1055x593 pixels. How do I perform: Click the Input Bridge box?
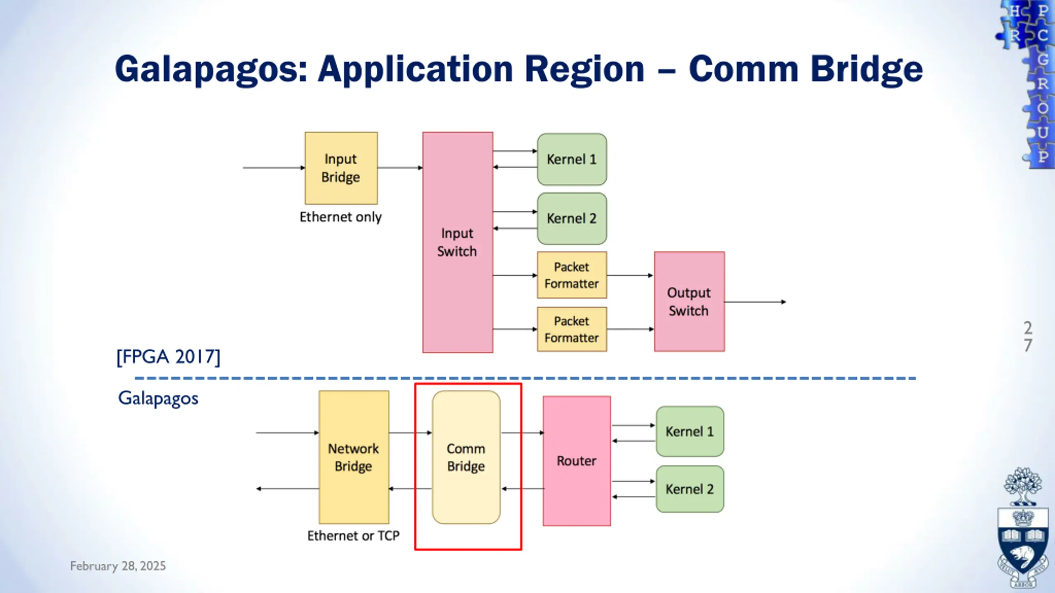341,168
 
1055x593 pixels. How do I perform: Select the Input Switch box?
458,242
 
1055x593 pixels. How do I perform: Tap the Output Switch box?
689,301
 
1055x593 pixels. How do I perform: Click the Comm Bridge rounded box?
466,457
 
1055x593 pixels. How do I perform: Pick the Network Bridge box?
354,457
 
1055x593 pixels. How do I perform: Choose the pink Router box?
577,461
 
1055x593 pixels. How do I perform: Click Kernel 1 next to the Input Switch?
572,159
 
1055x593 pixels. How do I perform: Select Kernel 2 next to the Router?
690,489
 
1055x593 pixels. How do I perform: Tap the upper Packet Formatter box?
572,275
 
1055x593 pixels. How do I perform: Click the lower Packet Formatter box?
572,329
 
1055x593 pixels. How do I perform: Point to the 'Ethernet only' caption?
340,217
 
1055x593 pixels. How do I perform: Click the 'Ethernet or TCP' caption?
354,536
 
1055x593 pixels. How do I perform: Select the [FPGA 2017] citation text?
169,357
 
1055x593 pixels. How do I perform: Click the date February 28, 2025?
118,566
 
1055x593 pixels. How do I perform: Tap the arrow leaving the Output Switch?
755,302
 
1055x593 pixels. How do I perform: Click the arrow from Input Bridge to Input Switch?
400,168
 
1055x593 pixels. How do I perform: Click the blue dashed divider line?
525,378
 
